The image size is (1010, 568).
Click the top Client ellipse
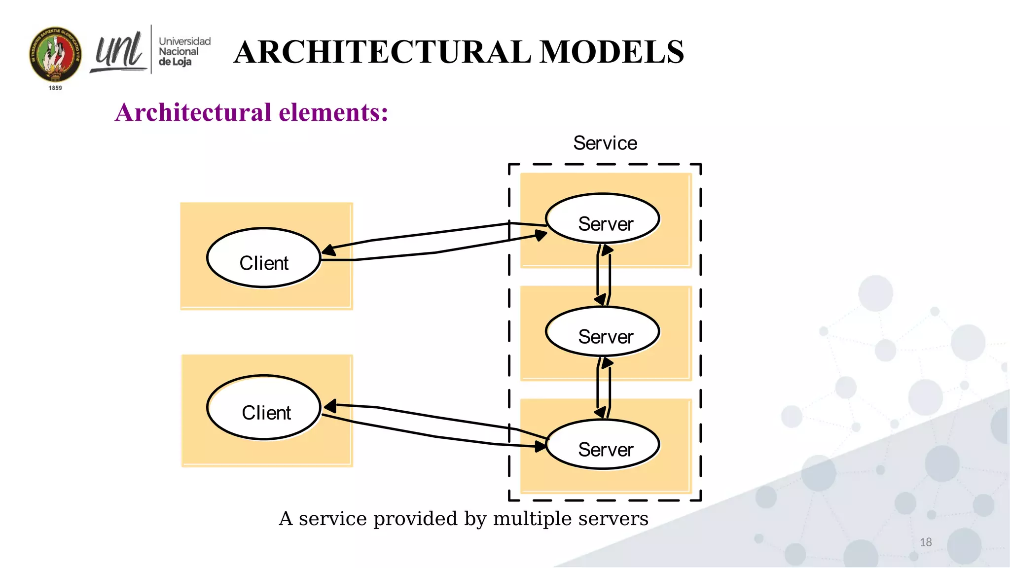click(x=264, y=258)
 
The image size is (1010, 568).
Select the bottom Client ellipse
click(x=264, y=408)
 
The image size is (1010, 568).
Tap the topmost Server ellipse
click(x=602, y=218)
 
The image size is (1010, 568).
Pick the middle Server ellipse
click(x=602, y=331)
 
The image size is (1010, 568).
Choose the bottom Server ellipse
click(x=602, y=444)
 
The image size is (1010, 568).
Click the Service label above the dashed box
click(x=605, y=143)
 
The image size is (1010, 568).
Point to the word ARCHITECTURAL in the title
click(x=382, y=52)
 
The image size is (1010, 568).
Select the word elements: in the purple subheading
click(x=333, y=112)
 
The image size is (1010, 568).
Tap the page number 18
click(x=926, y=542)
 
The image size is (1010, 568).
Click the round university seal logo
click(x=55, y=55)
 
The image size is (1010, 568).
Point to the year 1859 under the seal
click(x=55, y=88)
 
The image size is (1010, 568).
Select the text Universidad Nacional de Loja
click(x=183, y=51)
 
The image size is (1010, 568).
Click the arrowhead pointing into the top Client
click(x=328, y=250)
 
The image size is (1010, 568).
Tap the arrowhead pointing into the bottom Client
click(x=330, y=406)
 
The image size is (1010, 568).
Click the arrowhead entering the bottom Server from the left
click(x=541, y=446)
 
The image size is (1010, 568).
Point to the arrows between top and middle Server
click(x=604, y=275)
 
